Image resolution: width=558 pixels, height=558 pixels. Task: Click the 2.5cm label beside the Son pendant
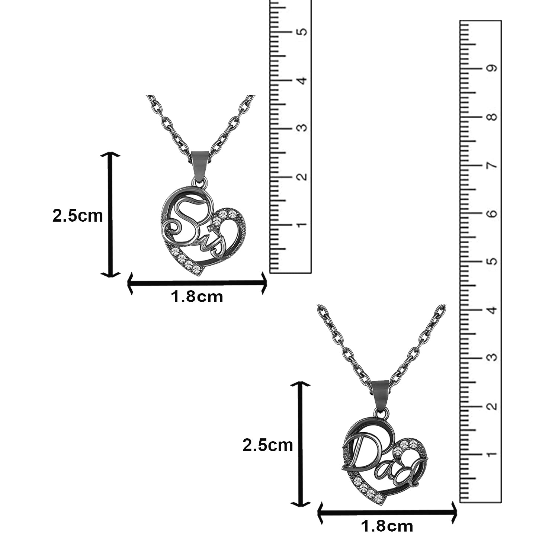(x=77, y=215)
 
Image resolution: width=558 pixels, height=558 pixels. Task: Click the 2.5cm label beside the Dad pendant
(x=268, y=445)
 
